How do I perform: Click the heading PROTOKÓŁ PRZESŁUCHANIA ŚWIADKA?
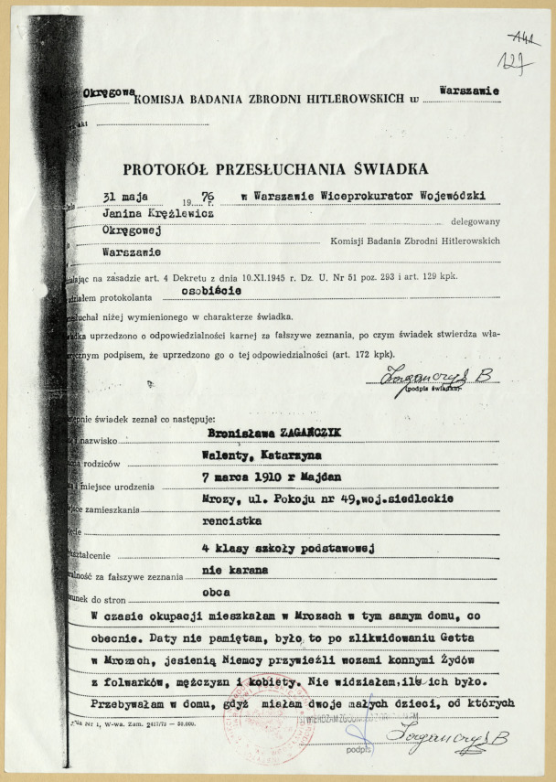[x=264, y=168]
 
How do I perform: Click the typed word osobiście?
[x=212, y=289]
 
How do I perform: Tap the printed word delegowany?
[x=469, y=222]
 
